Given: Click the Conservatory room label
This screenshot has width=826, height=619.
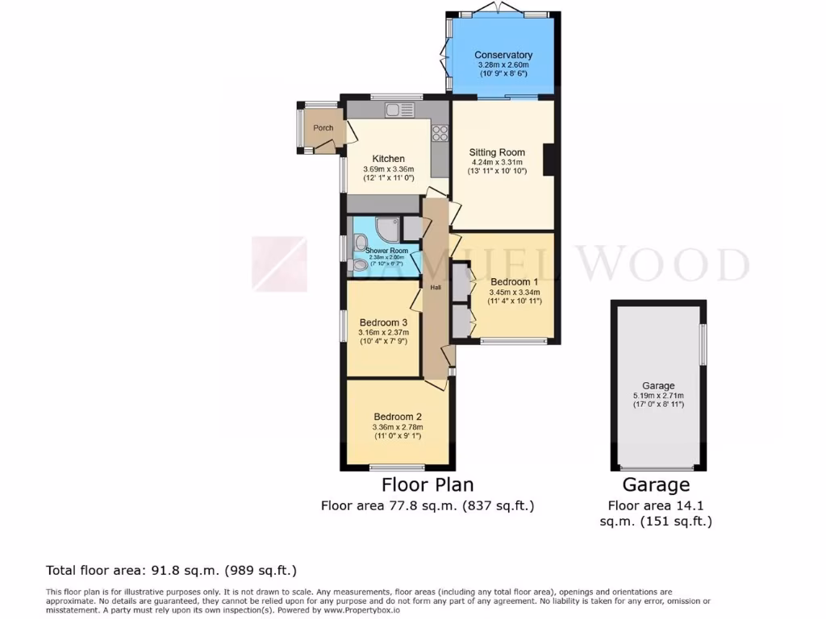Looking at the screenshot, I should (x=503, y=55).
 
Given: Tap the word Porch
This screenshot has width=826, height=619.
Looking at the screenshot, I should (x=323, y=128).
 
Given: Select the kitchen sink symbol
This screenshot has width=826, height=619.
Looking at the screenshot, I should (x=398, y=110).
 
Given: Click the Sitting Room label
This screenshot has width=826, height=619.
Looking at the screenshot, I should (x=497, y=152).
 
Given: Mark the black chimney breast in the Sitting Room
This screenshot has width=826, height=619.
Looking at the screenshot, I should (x=549, y=159).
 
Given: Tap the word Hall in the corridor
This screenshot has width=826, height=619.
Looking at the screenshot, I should (x=435, y=286).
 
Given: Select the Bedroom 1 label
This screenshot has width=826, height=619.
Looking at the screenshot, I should (x=514, y=281).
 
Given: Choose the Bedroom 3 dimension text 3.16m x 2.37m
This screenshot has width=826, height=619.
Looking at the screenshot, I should (x=384, y=332).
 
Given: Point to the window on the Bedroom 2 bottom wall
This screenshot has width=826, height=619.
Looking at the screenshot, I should (x=397, y=467).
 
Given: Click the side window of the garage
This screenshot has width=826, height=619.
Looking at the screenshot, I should (x=703, y=343).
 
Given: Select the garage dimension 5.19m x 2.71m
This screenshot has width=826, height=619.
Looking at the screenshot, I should (x=658, y=396).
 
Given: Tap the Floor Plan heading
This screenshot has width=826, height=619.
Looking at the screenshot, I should (x=427, y=484).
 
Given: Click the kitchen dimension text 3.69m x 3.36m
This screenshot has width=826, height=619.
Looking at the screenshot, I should (x=388, y=169).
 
